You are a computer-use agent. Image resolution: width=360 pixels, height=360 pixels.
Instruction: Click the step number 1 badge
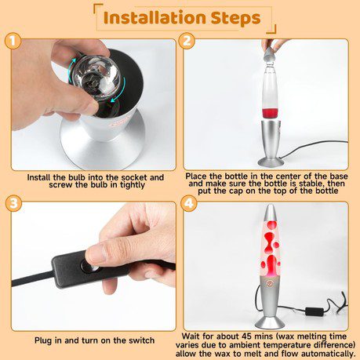coord(13,41)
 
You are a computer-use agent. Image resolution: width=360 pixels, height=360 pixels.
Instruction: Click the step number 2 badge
coord(187,41)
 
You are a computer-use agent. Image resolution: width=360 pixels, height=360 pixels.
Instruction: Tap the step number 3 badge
coord(13,203)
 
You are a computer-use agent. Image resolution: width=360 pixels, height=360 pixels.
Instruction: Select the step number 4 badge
coord(189,203)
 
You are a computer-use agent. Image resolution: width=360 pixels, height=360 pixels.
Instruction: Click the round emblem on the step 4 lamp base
coord(269,284)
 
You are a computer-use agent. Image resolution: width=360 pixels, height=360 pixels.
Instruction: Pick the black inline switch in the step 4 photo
coord(315,311)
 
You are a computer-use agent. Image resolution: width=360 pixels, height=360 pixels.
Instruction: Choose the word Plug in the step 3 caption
coord(44,340)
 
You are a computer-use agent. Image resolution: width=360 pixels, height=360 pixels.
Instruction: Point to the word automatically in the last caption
coord(328,355)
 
